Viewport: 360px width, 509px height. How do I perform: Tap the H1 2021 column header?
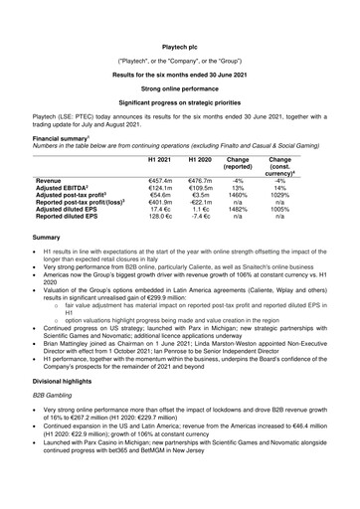(x=161, y=161)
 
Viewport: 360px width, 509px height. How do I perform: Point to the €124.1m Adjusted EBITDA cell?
(x=160, y=190)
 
